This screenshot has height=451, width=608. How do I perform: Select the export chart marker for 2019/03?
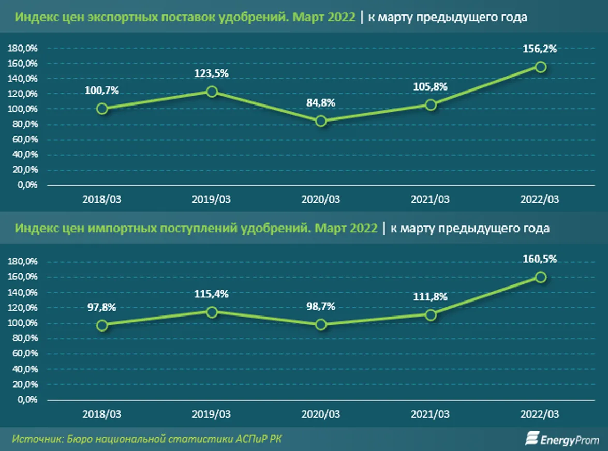click(212, 92)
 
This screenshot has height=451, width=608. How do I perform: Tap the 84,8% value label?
click(321, 102)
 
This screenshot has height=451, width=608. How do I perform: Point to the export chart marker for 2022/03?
click(541, 67)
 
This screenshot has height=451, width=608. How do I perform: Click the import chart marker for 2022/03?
click(541, 277)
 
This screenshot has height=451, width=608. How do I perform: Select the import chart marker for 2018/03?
click(102, 325)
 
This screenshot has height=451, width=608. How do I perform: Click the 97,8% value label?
click(102, 307)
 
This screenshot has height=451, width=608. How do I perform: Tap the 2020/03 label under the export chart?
click(321, 199)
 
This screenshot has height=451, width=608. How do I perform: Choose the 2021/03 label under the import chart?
click(430, 414)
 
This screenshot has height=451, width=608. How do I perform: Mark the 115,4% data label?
click(212, 294)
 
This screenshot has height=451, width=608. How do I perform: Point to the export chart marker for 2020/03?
click(321, 121)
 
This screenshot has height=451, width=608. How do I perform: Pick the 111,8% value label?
click(430, 297)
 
